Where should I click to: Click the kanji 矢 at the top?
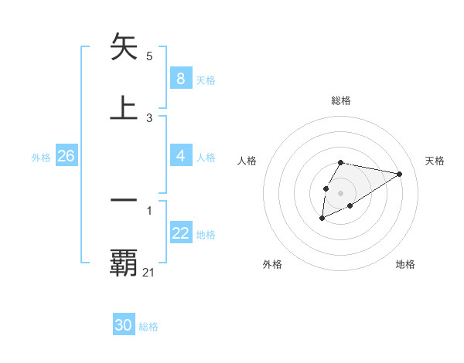[x=125, y=47]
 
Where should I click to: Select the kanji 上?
[x=125, y=107]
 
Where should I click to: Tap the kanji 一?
[x=125, y=199]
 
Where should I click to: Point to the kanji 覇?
[x=125, y=263]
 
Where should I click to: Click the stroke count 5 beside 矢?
[x=149, y=56]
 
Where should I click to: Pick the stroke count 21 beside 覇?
[x=149, y=272]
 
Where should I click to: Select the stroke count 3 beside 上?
[x=149, y=117]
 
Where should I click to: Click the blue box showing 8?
[x=180, y=79]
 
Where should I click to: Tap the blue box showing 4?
[x=180, y=156]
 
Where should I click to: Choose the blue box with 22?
[x=180, y=233]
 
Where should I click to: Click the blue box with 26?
[x=66, y=156]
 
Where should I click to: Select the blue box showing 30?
[x=124, y=325]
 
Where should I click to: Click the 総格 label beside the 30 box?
[x=148, y=327]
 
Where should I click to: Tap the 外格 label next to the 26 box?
[x=41, y=158]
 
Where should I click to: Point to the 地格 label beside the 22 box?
[x=206, y=235]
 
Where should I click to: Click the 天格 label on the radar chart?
[x=435, y=161]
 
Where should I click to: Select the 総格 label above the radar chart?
[x=340, y=100]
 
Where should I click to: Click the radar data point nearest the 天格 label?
[x=400, y=174]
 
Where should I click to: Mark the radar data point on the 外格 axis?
[x=322, y=219]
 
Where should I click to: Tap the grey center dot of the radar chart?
[x=340, y=192]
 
